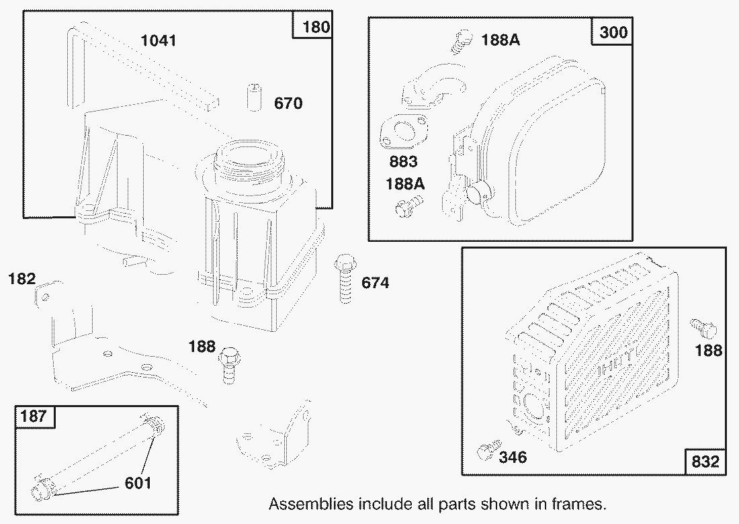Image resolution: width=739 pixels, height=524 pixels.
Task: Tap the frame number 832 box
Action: click(705, 462)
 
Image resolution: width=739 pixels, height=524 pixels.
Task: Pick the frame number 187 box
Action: click(34, 417)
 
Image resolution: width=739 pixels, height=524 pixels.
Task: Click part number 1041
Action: click(159, 41)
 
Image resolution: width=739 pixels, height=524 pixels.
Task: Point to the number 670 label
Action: click(288, 103)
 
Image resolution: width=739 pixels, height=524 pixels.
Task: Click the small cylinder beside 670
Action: click(253, 99)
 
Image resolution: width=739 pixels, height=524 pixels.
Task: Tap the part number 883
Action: click(403, 162)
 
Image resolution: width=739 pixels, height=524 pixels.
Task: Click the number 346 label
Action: click(513, 457)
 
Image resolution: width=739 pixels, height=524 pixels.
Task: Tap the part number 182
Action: click(21, 278)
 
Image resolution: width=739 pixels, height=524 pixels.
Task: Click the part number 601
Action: click(138, 482)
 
